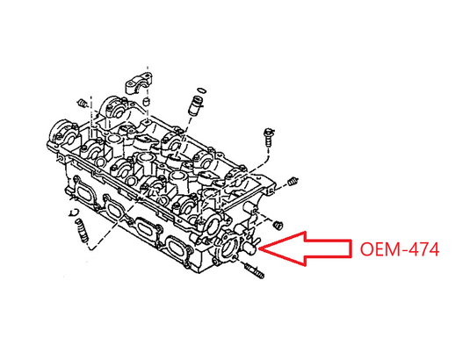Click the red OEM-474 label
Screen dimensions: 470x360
(x=399, y=249)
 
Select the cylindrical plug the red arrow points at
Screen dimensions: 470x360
(x=250, y=249)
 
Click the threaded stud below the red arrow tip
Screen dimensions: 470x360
(x=255, y=271)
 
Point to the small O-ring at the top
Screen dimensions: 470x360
(x=202, y=90)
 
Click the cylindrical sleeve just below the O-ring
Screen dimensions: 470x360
(x=195, y=105)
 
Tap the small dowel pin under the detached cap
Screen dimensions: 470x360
(x=146, y=102)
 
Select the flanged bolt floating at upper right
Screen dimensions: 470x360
(x=268, y=137)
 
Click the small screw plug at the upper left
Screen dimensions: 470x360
(x=82, y=103)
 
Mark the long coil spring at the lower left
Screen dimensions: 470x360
(x=83, y=231)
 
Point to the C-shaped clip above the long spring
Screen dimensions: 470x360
(x=73, y=212)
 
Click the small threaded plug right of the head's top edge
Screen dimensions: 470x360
(x=293, y=181)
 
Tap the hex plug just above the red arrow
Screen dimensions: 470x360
(x=278, y=225)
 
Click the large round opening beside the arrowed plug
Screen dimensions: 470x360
(x=230, y=247)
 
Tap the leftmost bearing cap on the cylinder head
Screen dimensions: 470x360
(x=64, y=134)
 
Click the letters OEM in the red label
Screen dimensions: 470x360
(x=380, y=249)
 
